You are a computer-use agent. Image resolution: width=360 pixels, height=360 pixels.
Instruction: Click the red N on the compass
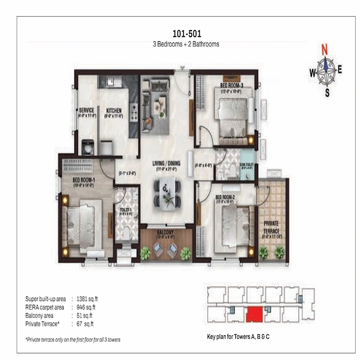[x=325, y=50]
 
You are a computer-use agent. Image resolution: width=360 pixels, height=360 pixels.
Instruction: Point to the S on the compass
[x=327, y=92]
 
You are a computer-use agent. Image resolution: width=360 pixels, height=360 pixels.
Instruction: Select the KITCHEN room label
[x=114, y=111]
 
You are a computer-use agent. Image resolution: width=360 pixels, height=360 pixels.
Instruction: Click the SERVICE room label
[x=87, y=111]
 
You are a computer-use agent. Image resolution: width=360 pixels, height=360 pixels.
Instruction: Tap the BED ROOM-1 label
[x=85, y=180]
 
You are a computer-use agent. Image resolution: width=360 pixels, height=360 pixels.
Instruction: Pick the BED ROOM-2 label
[x=226, y=197]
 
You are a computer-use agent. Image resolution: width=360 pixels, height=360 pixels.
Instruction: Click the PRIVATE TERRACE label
[x=271, y=229]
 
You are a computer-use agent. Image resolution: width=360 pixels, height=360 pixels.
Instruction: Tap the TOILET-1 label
[x=125, y=210]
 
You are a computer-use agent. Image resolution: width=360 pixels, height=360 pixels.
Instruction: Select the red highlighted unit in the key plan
[x=254, y=313]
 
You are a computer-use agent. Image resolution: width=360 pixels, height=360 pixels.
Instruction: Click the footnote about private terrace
[x=73, y=340]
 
